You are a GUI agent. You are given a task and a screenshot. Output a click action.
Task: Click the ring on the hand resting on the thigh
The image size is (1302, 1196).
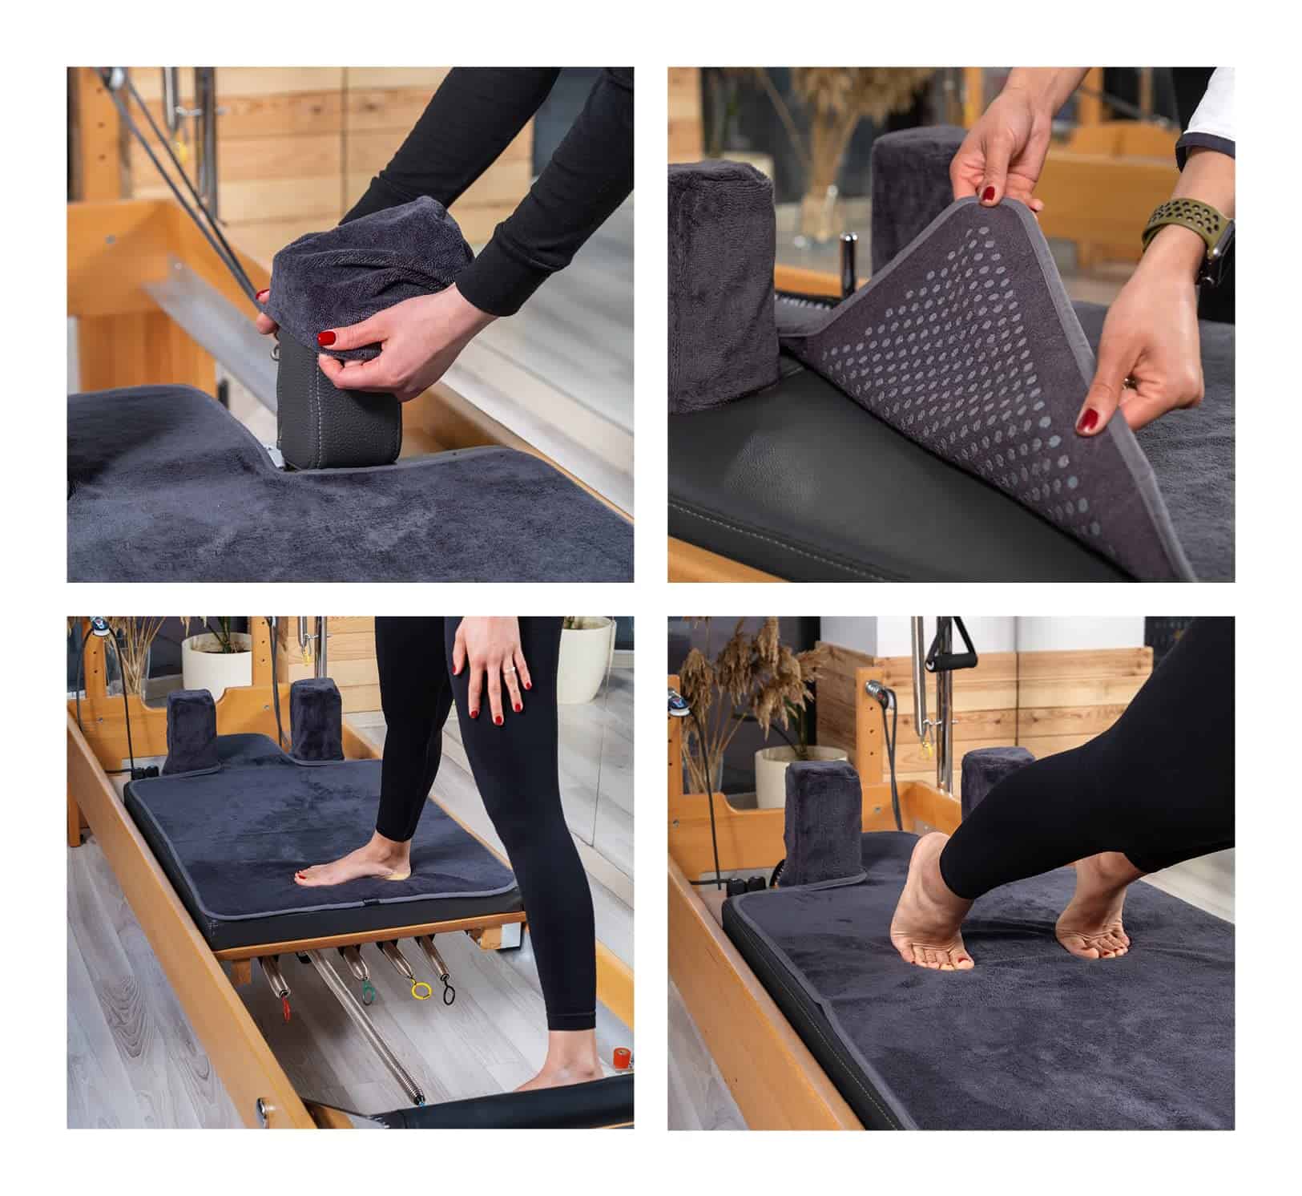pos(507,668)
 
